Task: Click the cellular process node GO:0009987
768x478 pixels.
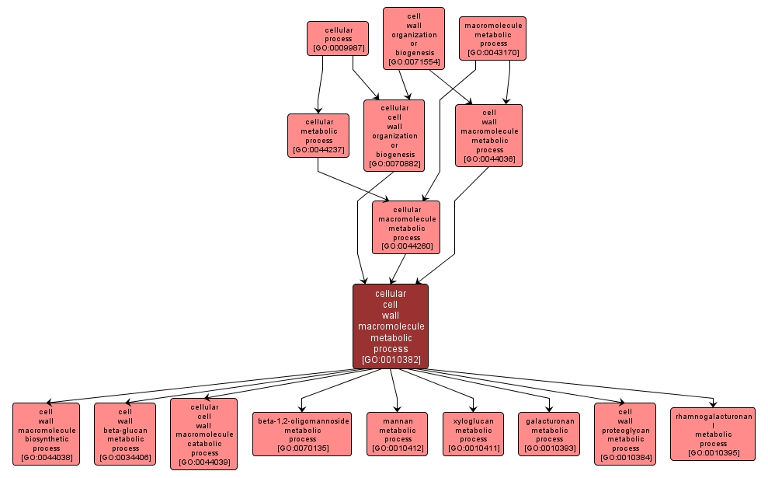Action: [x=338, y=38]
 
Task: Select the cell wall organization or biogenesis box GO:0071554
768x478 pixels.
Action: [x=413, y=38]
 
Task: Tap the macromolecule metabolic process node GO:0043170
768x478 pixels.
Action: [x=493, y=39]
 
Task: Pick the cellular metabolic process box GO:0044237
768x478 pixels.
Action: [x=318, y=135]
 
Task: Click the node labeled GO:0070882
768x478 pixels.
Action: [x=394, y=135]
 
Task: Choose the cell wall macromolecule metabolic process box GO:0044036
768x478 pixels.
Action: [x=488, y=135]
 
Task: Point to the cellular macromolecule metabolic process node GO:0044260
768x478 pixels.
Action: [x=405, y=227]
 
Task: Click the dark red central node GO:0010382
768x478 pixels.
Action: [x=391, y=326]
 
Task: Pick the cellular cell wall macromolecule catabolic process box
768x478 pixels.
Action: [x=204, y=434]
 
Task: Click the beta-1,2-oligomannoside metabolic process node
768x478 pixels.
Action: [x=302, y=434]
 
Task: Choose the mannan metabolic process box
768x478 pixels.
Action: [x=397, y=434]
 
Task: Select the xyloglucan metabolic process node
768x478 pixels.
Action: [x=473, y=434]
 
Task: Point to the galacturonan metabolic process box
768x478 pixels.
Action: [x=549, y=434]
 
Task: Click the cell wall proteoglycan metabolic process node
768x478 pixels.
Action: [x=625, y=434]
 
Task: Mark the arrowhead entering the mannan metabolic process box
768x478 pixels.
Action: [x=397, y=409]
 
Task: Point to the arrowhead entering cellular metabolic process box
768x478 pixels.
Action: [x=317, y=110]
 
